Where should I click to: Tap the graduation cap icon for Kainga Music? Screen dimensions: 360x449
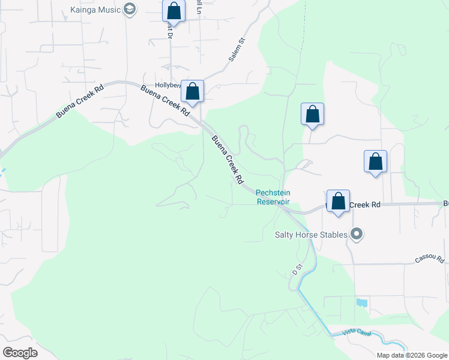click(130, 9)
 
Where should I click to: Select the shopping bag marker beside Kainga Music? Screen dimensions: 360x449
click(173, 11)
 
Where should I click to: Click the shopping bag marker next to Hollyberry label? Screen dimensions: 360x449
click(192, 92)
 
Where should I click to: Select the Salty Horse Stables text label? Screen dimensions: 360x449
click(311, 235)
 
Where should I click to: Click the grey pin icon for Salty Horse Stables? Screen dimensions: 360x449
click(357, 234)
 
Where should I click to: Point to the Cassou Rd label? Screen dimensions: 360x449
click(429, 260)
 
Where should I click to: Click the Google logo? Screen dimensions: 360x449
click(20, 353)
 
